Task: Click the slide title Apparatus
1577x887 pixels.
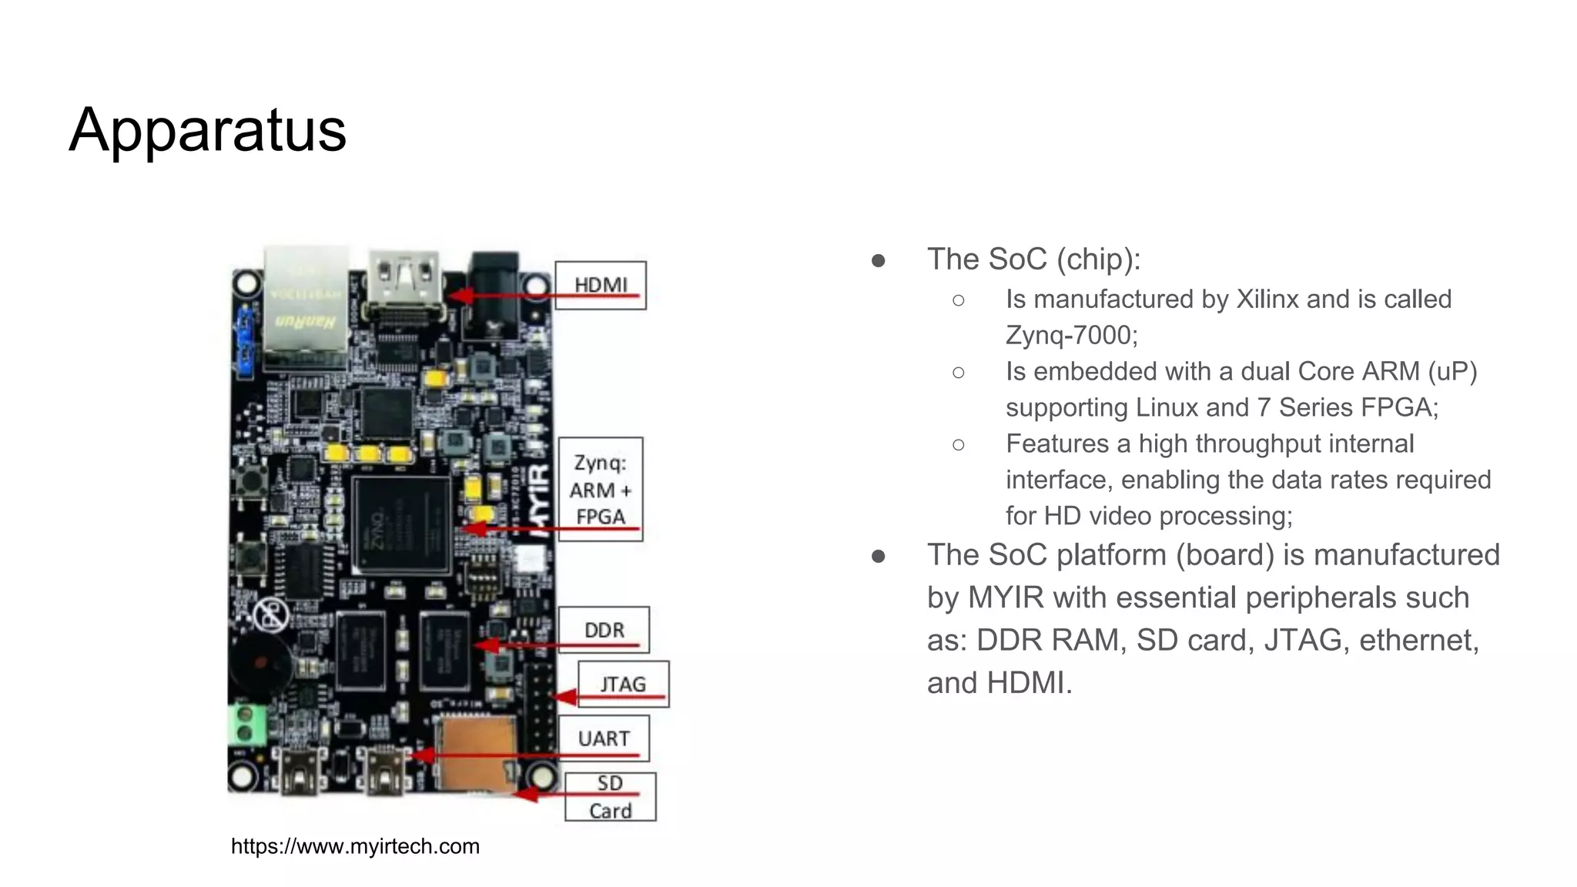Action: point(208,130)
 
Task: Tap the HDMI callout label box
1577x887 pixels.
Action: point(601,286)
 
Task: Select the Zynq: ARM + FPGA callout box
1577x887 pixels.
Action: point(601,490)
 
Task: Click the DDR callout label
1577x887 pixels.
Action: point(604,630)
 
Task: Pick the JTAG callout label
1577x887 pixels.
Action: point(623,684)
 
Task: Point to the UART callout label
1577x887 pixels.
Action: point(604,738)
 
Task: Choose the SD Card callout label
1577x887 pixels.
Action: point(610,797)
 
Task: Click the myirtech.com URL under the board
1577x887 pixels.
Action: point(355,846)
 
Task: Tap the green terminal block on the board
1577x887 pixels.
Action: point(247,725)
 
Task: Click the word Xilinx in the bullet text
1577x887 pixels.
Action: point(1267,299)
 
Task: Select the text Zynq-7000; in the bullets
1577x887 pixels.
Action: point(1071,335)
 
